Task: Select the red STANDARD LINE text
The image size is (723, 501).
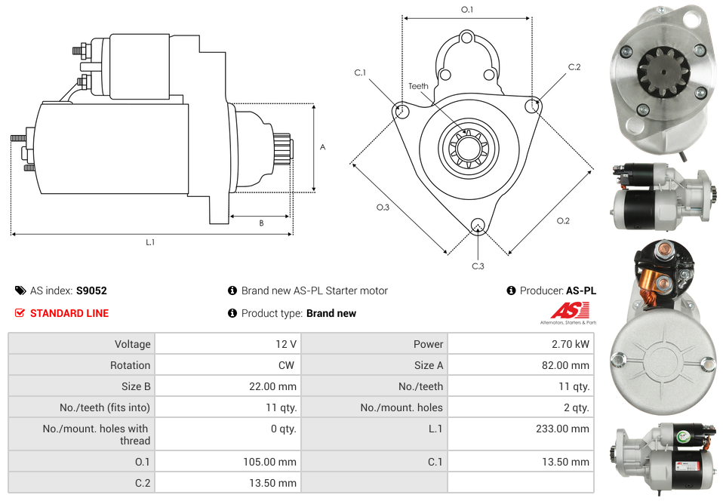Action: click(x=69, y=313)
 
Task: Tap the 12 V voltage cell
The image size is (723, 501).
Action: click(x=285, y=344)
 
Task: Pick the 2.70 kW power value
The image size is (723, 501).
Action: click(x=572, y=344)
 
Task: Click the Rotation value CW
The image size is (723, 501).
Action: click(x=288, y=365)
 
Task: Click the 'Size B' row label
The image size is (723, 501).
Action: click(x=131, y=386)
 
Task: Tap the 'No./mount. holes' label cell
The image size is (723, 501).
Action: click(x=401, y=407)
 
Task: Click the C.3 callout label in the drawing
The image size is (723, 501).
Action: click(x=478, y=266)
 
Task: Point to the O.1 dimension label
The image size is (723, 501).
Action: click(x=467, y=10)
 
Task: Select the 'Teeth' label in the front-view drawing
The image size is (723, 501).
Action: click(x=418, y=86)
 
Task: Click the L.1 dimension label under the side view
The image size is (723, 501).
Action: click(x=150, y=242)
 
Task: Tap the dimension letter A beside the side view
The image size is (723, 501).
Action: click(x=322, y=147)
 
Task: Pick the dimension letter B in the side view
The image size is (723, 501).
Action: click(x=261, y=223)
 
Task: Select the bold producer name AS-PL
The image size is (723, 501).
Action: click(x=580, y=290)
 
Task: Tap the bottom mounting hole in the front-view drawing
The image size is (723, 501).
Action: click(x=477, y=226)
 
